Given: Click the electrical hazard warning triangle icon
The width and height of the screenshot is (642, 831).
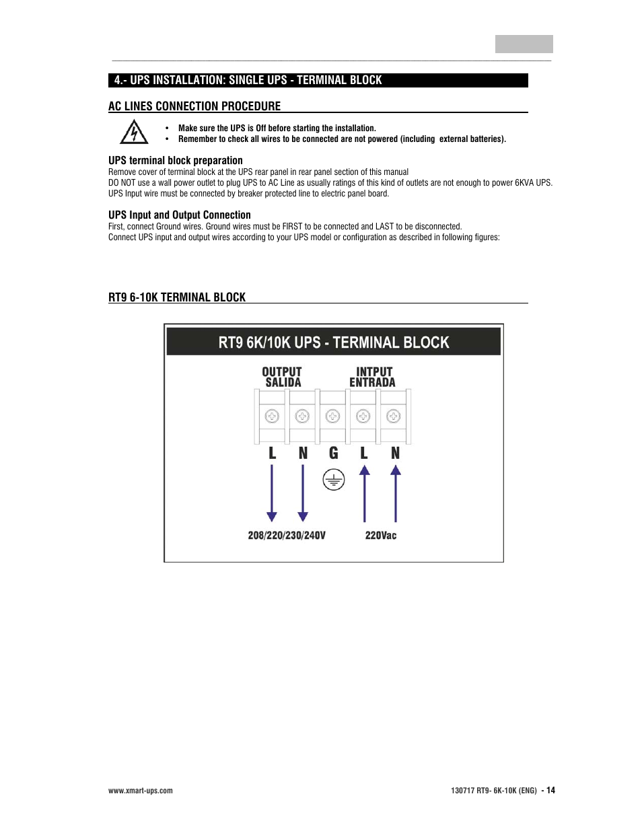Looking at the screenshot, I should [134, 133].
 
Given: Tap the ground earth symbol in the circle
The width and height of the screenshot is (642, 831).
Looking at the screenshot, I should [333, 480].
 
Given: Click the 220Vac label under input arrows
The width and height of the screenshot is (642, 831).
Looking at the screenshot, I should [380, 536].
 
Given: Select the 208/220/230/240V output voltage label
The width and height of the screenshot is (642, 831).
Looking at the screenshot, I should [287, 536].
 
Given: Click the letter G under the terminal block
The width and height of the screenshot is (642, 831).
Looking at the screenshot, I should [333, 454].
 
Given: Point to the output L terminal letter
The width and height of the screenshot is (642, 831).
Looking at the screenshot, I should [272, 454].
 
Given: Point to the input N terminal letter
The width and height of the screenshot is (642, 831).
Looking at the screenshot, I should [395, 454].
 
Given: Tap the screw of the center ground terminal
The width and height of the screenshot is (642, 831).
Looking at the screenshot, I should [333, 417].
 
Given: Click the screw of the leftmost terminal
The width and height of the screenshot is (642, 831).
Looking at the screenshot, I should [272, 417].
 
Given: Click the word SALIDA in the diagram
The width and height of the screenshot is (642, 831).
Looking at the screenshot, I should [283, 383].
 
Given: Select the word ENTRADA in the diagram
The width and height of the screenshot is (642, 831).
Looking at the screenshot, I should [372, 383].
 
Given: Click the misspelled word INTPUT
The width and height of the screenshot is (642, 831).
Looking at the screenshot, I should [374, 371].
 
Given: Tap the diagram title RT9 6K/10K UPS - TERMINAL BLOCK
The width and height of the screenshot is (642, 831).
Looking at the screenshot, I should [333, 342].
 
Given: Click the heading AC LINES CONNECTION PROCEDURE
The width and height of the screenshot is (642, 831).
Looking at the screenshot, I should [194, 106].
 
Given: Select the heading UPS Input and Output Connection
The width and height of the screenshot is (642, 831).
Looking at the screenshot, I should [180, 215].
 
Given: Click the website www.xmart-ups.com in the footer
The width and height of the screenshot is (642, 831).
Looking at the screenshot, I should [141, 791].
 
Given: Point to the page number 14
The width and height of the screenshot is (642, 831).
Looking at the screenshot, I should [550, 791].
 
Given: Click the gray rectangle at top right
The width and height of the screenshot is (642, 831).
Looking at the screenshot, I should [524, 44].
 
